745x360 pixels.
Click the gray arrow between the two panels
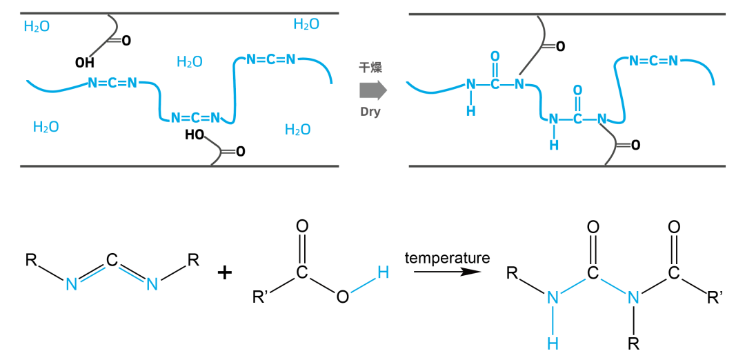373,90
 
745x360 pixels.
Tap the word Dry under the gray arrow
370,114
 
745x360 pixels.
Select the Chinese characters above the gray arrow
370,68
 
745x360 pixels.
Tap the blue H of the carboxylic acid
382,273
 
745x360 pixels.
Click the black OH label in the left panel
85,63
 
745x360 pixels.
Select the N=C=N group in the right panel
653,60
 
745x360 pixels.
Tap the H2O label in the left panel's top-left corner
37,26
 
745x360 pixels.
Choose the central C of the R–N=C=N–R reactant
112,260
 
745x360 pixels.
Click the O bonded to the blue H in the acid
342,297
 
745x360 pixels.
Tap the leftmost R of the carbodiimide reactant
31,260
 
